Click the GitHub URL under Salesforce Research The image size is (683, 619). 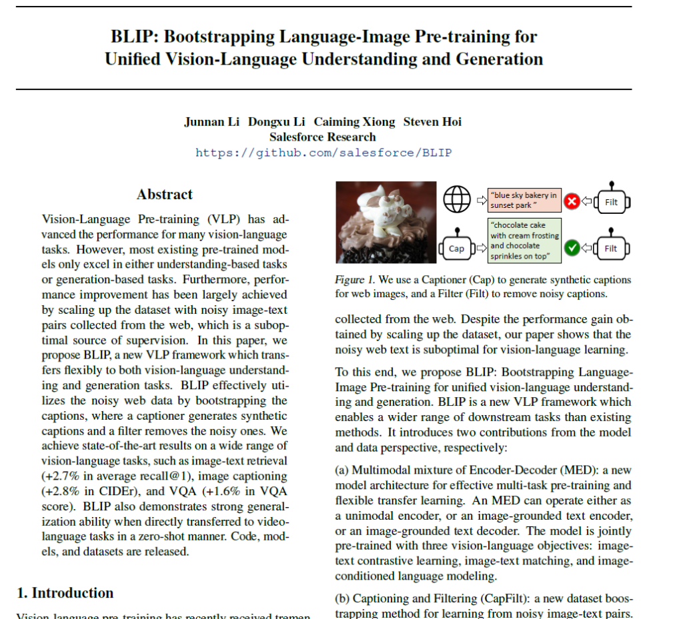[x=323, y=153]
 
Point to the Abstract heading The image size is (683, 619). [x=165, y=195]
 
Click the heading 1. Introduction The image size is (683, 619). [x=65, y=593]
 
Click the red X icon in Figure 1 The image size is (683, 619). [x=572, y=201]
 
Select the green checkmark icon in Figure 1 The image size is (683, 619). [x=572, y=249]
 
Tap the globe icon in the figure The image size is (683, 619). [x=457, y=199]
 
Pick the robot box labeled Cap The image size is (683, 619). [x=456, y=249]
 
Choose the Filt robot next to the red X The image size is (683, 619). [x=610, y=201]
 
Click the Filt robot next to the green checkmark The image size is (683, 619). [x=610, y=247]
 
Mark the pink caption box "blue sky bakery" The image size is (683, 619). [x=524, y=200]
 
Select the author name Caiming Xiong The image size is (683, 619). [x=354, y=122]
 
